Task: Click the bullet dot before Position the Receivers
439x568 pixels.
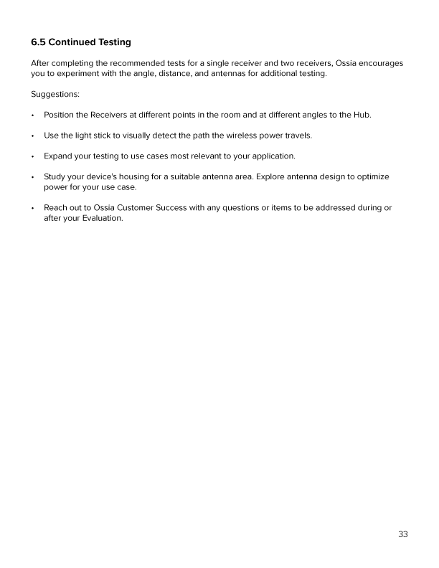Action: [x=33, y=115]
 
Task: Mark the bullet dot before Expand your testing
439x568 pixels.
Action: [x=33, y=156]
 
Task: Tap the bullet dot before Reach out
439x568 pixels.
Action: [x=33, y=208]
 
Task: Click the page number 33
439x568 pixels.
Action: [x=403, y=534]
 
